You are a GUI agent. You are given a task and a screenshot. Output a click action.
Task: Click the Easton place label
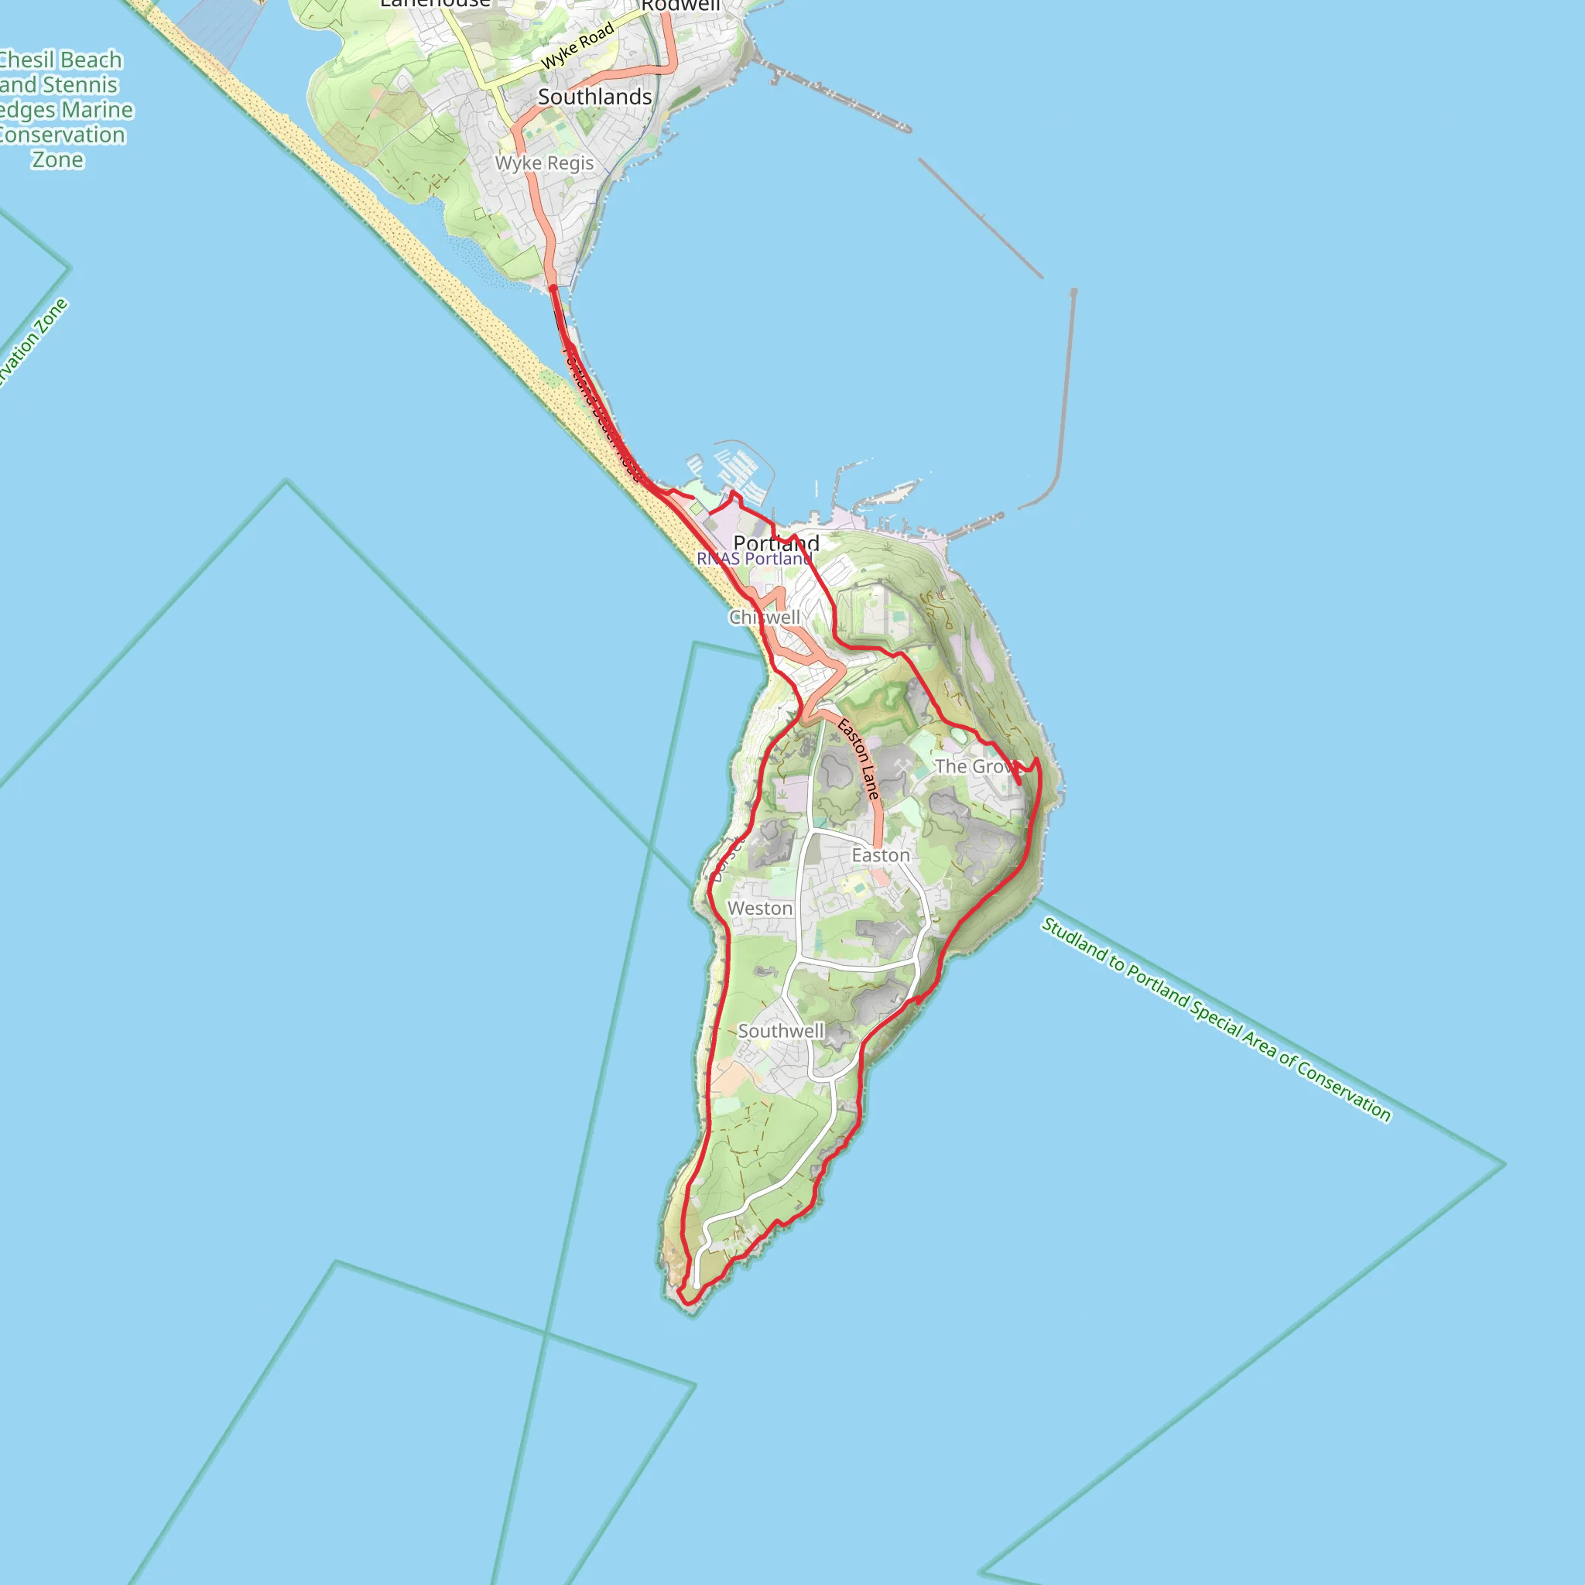click(880, 856)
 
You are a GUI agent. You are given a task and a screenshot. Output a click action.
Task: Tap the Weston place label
click(760, 908)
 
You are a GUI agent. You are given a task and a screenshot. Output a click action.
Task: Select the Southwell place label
click(780, 1030)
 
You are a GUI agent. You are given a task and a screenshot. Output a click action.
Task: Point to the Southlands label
click(595, 97)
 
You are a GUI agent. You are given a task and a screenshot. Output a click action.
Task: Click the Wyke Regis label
click(544, 163)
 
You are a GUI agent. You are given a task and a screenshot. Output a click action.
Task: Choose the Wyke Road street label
click(577, 46)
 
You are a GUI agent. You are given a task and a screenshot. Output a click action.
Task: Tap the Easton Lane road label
click(858, 759)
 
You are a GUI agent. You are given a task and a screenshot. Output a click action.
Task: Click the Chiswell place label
click(764, 617)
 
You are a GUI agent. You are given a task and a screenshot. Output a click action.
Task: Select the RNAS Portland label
click(753, 559)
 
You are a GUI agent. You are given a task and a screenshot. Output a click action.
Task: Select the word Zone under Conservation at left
click(57, 160)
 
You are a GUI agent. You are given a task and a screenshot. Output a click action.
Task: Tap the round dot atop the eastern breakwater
click(1073, 291)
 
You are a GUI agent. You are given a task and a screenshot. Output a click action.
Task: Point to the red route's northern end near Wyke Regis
click(553, 288)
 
